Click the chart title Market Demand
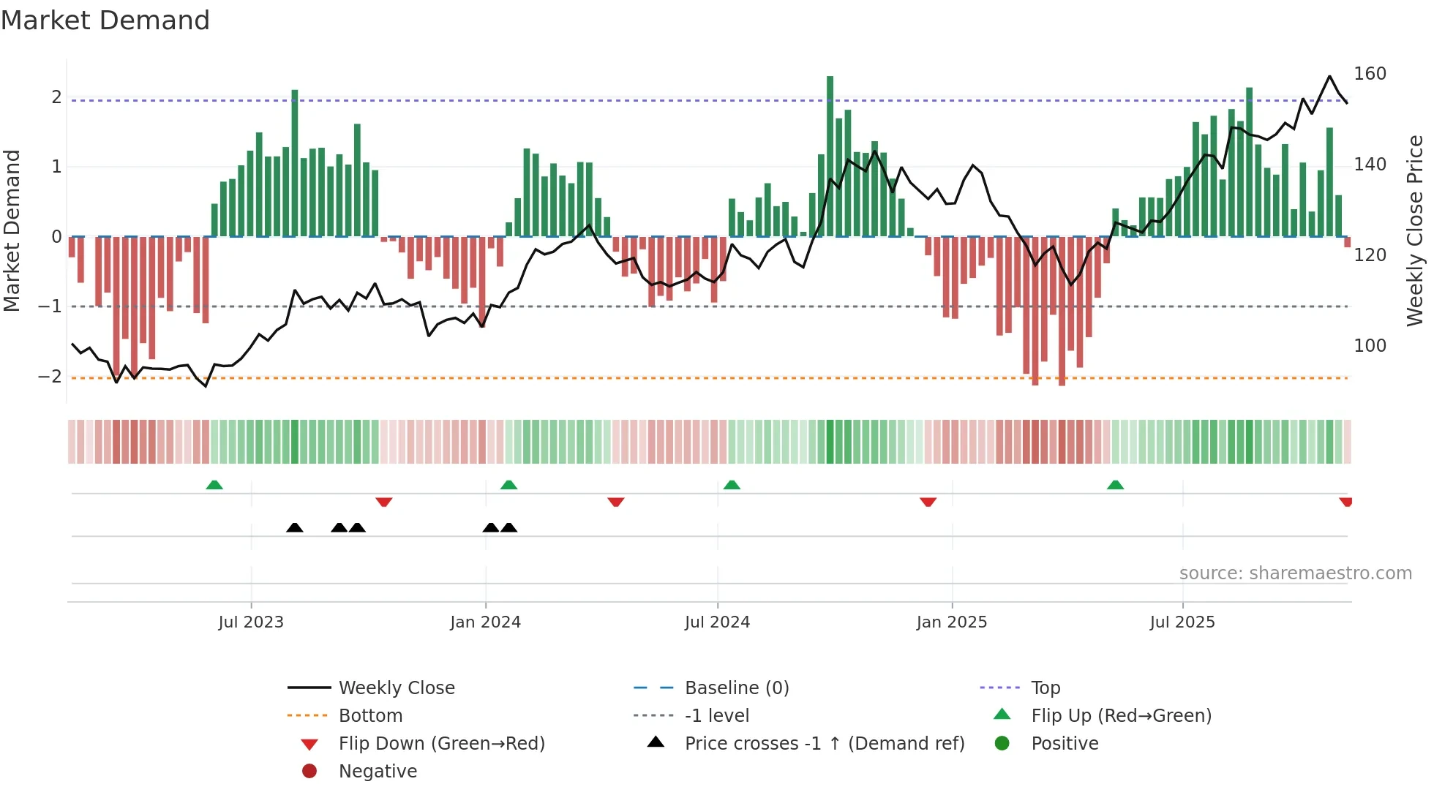(x=105, y=20)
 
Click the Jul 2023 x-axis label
(x=250, y=622)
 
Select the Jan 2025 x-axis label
(x=951, y=622)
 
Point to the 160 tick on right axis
(x=1370, y=74)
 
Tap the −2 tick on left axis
(x=50, y=377)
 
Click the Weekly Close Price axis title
(x=1415, y=230)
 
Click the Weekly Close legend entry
(x=396, y=688)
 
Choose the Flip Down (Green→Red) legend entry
(x=441, y=744)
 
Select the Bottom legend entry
(x=370, y=716)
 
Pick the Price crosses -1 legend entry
(x=824, y=744)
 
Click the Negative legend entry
(x=378, y=772)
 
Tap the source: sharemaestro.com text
(x=1295, y=573)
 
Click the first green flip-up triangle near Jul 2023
(x=214, y=486)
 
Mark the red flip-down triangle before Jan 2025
(x=928, y=502)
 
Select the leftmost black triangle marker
(x=295, y=528)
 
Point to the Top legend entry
(x=1045, y=688)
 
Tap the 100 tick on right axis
(x=1370, y=346)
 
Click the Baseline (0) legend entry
(x=736, y=688)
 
